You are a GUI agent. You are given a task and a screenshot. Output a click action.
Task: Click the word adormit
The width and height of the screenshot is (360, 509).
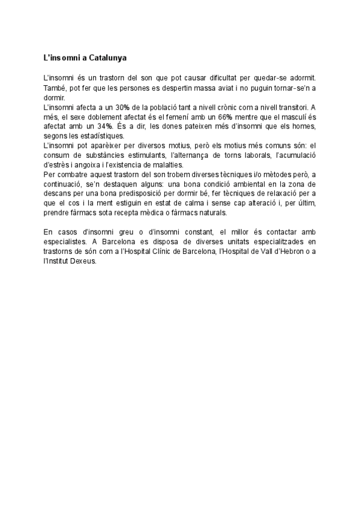point(301,79)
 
